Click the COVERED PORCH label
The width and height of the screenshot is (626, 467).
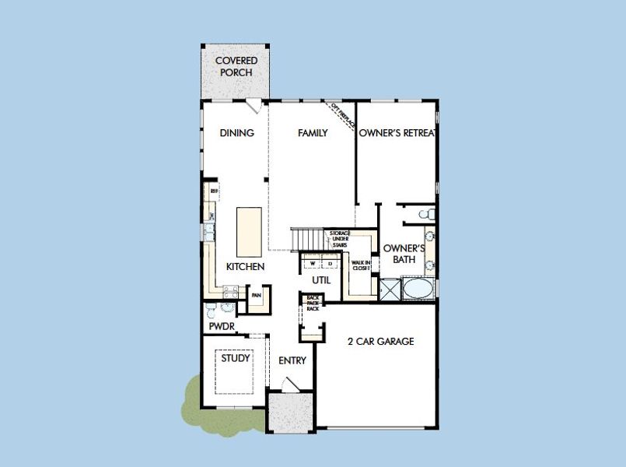click(236, 66)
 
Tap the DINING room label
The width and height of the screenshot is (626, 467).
click(237, 133)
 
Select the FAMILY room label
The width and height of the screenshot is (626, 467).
click(313, 133)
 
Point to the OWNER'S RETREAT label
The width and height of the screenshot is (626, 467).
click(397, 133)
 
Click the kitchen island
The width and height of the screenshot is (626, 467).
click(249, 231)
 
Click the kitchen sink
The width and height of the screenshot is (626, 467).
click(209, 230)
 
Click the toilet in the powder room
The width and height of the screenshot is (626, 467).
click(212, 311)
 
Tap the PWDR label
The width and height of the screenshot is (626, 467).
click(222, 327)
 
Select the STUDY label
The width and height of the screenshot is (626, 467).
click(236, 359)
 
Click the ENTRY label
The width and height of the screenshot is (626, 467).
click(292, 360)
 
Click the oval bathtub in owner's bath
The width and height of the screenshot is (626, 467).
click(418, 290)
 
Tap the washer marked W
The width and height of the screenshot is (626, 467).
click(309, 263)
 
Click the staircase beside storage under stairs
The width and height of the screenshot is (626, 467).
click(307, 237)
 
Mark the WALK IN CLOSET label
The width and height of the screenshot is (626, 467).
click(361, 267)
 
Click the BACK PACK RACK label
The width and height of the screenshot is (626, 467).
click(313, 303)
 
